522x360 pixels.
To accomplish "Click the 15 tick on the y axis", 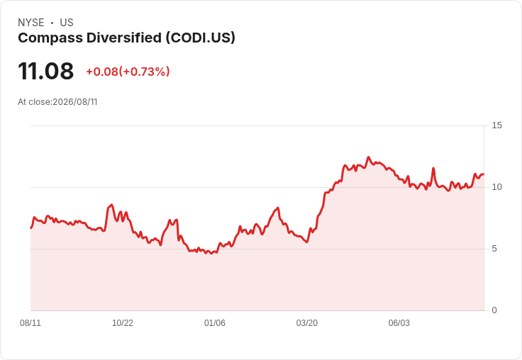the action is coord(496,125).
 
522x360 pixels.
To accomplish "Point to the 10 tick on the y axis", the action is coord(496,187).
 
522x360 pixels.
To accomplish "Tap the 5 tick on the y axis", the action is coord(494,249).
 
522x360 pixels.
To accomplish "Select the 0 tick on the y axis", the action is coord(494,310).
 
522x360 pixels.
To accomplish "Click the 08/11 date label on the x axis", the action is coord(30,322).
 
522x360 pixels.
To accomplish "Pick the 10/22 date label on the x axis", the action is coord(123,322).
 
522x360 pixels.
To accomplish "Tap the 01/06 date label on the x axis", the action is coord(215,322).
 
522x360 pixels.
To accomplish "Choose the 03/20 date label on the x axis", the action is coord(307,322).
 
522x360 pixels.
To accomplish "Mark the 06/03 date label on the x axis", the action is coord(399,322).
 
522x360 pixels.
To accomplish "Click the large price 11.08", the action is coord(46,71).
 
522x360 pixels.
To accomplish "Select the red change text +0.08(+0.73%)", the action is coord(128,72).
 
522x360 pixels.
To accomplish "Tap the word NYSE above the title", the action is coord(31,23).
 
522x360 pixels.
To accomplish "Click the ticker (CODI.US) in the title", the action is coord(201,38).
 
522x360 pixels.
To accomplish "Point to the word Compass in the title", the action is coord(50,38).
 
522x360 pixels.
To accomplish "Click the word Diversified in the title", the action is coord(124,38).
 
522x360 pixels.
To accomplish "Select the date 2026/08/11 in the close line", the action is coord(75,102).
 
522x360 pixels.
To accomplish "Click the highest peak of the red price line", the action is coord(368,157).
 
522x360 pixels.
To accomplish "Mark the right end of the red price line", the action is coord(484,174).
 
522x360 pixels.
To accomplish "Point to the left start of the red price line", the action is coord(31,228).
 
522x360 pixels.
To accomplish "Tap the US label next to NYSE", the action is coord(67,23).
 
